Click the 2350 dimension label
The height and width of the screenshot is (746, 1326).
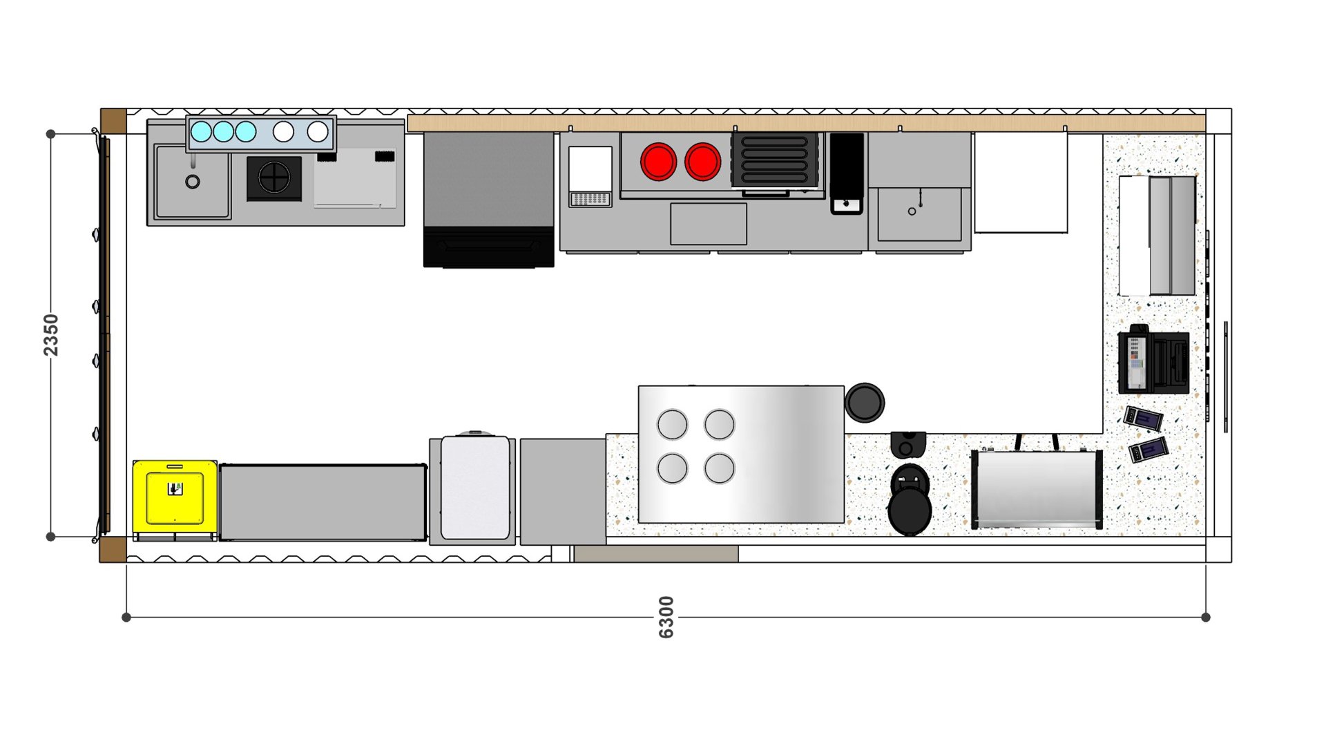coord(51,335)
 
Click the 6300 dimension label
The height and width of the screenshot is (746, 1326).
coord(666,617)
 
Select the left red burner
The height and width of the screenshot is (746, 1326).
coord(658,162)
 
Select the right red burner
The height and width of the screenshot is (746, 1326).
coord(702,162)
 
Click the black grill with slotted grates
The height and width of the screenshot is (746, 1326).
coord(775,160)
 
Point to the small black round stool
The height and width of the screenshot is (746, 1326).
coord(864,402)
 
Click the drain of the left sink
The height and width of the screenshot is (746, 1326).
coord(193,182)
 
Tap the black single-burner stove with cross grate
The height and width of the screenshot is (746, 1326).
coord(274,178)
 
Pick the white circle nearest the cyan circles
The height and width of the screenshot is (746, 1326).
coord(283,131)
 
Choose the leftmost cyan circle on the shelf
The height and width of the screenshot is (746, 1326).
coord(201,131)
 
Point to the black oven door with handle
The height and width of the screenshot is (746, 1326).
coord(488,247)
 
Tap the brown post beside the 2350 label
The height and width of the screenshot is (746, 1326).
coord(113,121)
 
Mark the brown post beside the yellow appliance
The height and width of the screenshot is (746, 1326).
coord(113,550)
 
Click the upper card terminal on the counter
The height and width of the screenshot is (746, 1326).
coord(1143,418)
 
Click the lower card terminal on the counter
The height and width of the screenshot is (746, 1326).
coord(1148,450)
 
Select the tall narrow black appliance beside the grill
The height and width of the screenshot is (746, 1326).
coord(847,173)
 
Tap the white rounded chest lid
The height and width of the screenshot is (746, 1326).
coord(475,488)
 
